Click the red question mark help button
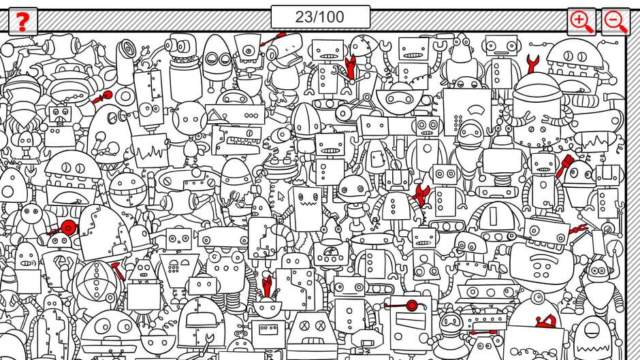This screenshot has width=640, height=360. tap(23, 21)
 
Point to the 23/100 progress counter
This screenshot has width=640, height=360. tap(321, 17)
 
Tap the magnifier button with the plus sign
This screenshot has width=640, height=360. tap(581, 22)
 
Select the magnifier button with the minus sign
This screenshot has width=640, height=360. tap(615, 22)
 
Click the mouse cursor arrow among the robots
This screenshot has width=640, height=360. tap(281, 197)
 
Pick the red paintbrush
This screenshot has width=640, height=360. tap(564, 165)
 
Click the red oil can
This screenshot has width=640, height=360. tap(546, 322)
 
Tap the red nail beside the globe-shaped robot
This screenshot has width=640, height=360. tap(117, 271)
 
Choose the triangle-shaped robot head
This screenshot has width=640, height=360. tap(143, 269)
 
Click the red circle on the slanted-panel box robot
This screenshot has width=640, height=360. tap(412, 306)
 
